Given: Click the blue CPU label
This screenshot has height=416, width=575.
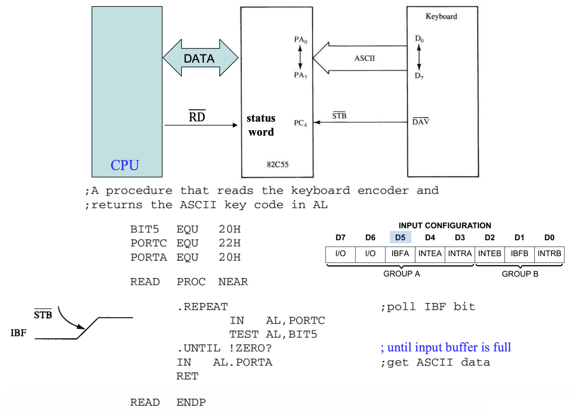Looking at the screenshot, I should point(125,165).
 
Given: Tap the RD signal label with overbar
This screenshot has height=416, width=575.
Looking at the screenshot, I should point(197,117).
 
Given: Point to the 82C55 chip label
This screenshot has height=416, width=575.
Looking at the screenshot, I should point(277,165).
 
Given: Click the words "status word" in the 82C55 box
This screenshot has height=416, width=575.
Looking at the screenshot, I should point(261,125).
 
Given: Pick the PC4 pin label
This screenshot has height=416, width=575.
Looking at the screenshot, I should point(300,123).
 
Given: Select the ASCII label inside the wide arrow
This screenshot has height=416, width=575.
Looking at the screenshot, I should point(364,58).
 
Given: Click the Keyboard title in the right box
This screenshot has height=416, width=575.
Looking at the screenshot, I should point(441,17).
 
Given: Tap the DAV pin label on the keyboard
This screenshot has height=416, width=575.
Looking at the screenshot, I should point(421,122).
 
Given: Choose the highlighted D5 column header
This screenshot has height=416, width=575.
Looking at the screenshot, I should point(400,238).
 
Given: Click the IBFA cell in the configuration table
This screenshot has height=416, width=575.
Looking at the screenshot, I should point(400,254).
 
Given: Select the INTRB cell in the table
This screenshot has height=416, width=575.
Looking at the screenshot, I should point(549,254).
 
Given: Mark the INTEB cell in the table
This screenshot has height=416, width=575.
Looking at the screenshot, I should point(489,254).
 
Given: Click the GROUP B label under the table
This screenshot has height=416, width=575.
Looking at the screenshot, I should point(520,274).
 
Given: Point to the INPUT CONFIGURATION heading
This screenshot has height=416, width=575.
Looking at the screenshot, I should point(445,226).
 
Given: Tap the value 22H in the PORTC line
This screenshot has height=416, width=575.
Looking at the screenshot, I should point(229,243).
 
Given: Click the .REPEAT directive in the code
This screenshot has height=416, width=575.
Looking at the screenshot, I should point(203,307).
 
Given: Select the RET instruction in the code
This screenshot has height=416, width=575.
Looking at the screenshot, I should point(187,376).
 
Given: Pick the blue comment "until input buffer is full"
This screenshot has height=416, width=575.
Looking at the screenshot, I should point(446,348).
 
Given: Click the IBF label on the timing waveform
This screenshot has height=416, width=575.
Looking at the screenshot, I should point(18,333).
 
